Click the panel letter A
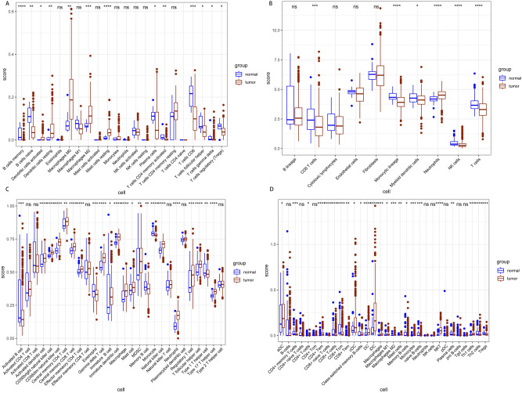click(5, 4)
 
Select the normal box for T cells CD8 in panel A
click(191, 94)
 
